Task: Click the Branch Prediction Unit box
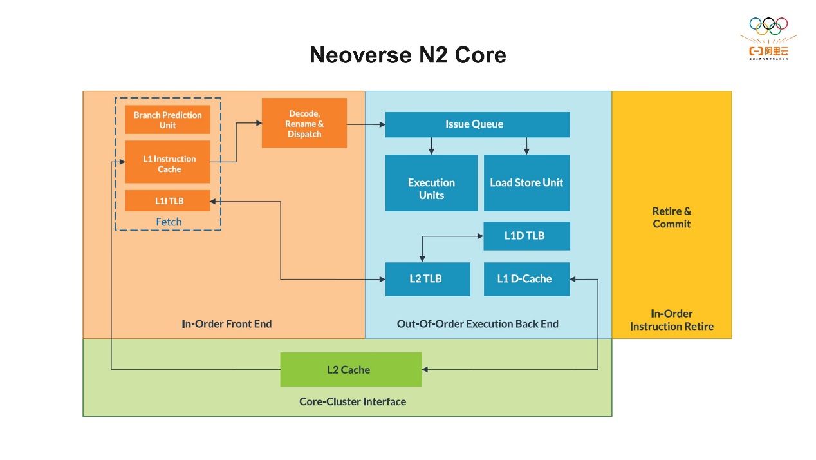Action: point(167,120)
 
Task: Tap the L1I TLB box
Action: point(167,201)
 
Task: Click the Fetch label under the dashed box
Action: point(169,222)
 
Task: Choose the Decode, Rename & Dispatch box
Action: point(304,123)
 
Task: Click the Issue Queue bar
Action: point(477,124)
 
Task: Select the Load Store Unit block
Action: point(526,183)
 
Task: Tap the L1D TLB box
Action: point(526,236)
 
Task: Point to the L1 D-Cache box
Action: point(526,279)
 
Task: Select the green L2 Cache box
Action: point(351,370)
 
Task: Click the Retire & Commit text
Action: point(671,218)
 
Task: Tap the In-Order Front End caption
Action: point(227,324)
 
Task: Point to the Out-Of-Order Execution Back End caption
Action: point(478,324)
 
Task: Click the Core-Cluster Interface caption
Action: point(353,401)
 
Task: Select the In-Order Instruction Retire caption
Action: point(671,320)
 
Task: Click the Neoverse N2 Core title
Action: point(407,55)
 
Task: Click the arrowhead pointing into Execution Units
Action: point(431,151)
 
